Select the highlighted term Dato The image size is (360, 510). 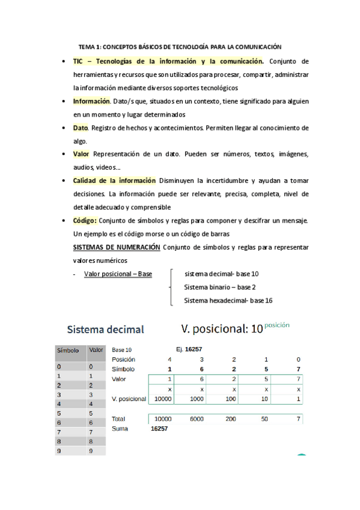coord(81,127)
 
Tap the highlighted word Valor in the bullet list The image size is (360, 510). coord(81,154)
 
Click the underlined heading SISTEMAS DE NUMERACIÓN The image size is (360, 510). coord(116,247)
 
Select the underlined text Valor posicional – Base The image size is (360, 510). coord(118,274)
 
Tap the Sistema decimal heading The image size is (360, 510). coord(105,330)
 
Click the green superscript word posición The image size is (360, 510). coord(276,325)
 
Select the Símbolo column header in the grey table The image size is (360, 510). coord(68,350)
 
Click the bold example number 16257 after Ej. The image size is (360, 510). coord(194,349)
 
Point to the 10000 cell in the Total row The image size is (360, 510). coord(163,419)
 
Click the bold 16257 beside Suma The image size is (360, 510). coord(159,429)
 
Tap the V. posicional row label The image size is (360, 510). coord(129,399)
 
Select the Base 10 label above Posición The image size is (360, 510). coord(122,349)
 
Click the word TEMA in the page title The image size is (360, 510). coord(87,46)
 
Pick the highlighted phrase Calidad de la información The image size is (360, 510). coord(114,180)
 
